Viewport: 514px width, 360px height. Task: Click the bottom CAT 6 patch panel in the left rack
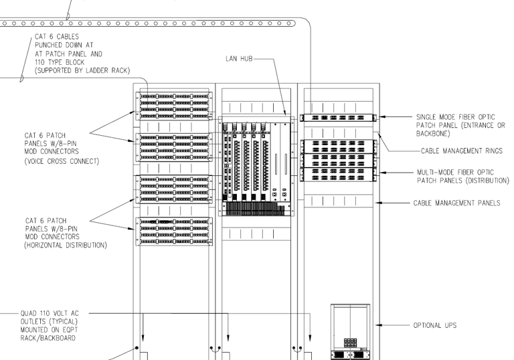click(x=174, y=230)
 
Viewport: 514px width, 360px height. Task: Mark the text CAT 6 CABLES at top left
click(x=55, y=39)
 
